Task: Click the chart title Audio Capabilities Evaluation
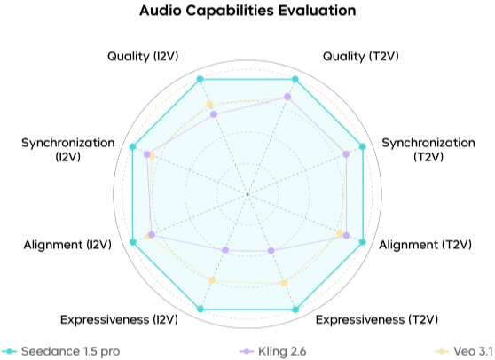click(x=247, y=12)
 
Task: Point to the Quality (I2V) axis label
click(x=145, y=56)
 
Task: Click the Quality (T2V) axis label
click(x=359, y=56)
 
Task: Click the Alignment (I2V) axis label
click(x=67, y=244)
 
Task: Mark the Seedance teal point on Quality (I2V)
click(x=200, y=80)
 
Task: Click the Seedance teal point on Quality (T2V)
click(x=295, y=80)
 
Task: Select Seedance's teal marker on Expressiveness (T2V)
click(x=295, y=309)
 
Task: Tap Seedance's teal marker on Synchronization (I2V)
click(x=132, y=146)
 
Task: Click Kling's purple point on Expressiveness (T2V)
click(x=271, y=251)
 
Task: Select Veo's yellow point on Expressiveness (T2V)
click(x=284, y=283)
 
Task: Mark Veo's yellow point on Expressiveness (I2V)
click(x=211, y=281)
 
